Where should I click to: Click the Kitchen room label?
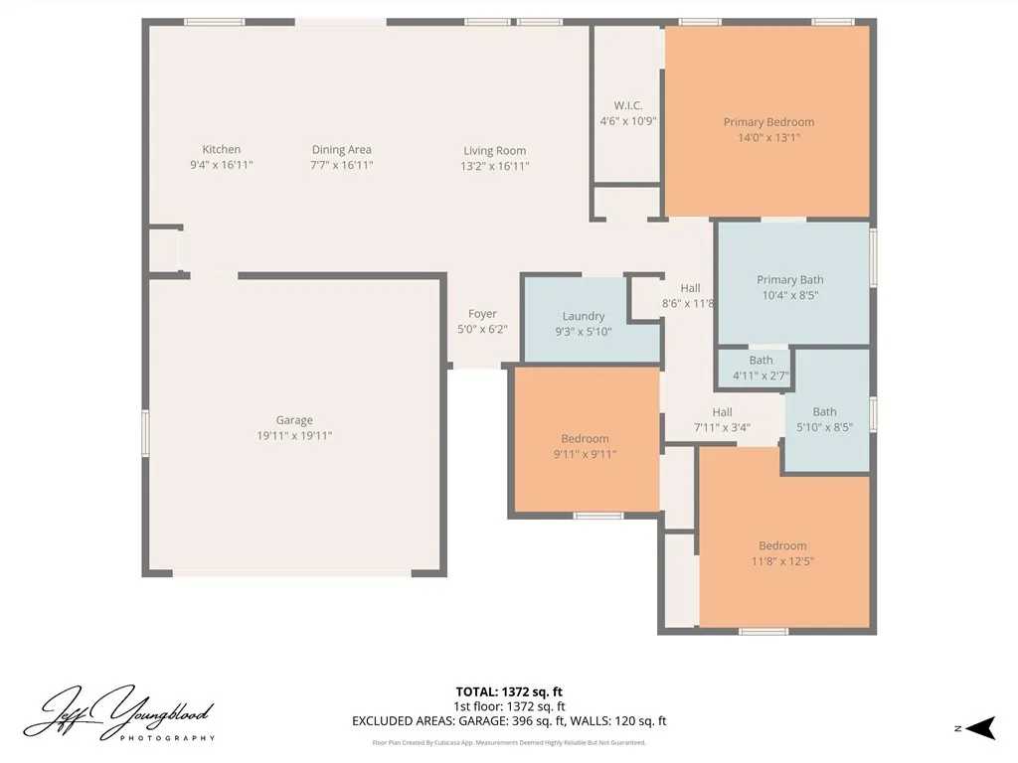pos(221,150)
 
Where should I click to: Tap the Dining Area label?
pos(341,150)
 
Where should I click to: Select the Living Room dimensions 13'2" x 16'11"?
pos(494,166)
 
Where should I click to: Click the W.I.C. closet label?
pos(627,106)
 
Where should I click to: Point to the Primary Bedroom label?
pos(768,122)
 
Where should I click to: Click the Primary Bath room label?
pos(789,280)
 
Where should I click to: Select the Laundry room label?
pos(584,317)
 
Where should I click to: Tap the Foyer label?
pos(482,314)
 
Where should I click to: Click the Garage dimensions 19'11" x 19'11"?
pos(294,435)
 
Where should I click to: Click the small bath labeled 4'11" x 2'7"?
pos(761,368)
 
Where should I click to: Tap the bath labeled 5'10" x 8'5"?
pos(824,419)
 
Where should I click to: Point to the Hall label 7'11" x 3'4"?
pos(722,420)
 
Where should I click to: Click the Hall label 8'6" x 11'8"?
pos(689,296)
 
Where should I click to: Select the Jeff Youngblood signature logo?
pos(119,713)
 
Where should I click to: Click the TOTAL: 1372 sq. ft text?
pos(509,691)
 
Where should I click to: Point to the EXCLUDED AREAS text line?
pos(509,721)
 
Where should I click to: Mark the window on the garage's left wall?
pos(145,435)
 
